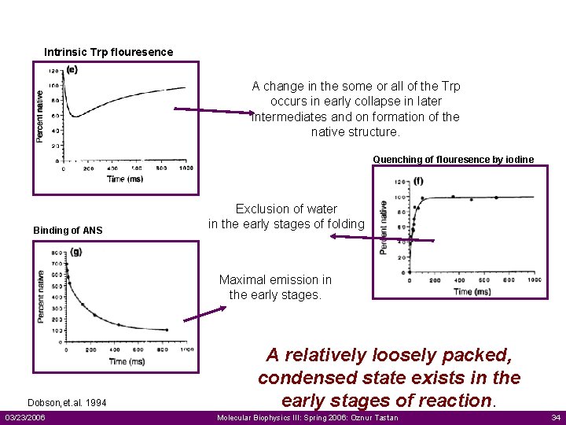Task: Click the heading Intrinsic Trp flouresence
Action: [x=108, y=53]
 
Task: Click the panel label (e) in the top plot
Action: [x=72, y=69]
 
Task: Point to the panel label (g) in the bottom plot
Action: [x=75, y=252]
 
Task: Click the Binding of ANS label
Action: [x=68, y=231]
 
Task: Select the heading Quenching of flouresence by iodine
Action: [x=453, y=160]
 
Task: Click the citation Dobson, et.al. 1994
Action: [x=67, y=403]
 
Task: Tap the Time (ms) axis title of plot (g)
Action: [x=127, y=361]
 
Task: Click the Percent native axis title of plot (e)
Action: [x=40, y=116]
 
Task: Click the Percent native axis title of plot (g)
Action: [x=40, y=297]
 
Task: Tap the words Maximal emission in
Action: [x=275, y=280]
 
